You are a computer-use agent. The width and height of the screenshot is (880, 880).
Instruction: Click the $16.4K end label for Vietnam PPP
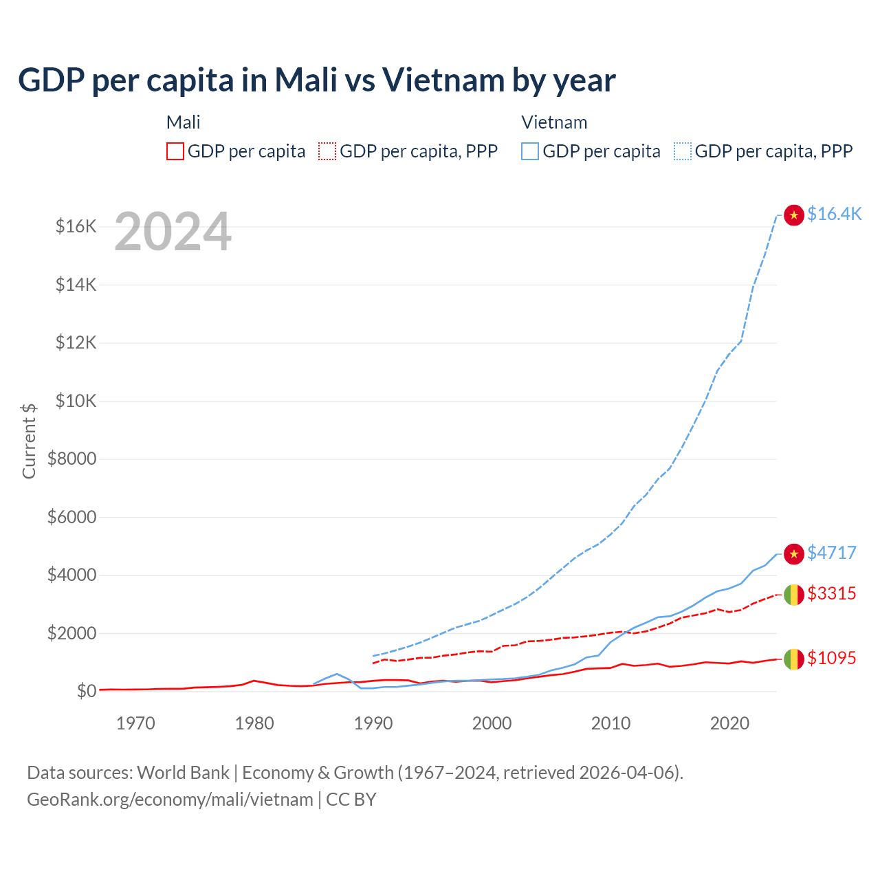834,214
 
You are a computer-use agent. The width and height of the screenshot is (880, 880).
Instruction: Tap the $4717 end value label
832,553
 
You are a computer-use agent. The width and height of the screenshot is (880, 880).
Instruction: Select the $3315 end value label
832,593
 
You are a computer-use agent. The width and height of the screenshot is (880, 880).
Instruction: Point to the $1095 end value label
832,658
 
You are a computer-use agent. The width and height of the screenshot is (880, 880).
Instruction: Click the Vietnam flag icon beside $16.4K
794,215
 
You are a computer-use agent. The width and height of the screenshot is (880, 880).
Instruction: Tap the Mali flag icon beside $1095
794,659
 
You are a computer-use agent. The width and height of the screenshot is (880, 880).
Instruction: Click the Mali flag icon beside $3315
794,595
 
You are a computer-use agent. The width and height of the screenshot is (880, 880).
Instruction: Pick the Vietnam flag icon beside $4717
794,554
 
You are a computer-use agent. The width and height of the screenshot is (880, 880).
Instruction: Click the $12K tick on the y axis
76,342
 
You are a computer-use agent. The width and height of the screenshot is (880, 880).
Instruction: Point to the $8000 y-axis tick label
72,459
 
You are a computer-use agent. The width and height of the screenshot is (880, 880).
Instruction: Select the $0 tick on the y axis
86,691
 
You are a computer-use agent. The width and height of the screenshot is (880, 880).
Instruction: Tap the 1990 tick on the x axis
373,723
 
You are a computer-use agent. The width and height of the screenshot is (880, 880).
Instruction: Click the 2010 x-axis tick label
610,723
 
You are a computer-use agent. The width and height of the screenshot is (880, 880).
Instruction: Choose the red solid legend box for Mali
175,151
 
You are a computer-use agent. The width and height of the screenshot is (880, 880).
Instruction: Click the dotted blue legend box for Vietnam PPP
683,151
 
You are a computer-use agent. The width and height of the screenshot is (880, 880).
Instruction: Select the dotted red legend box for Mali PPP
327,151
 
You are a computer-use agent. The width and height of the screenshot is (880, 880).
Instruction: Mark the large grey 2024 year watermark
173,232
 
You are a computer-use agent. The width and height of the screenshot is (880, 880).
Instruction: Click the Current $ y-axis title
29,441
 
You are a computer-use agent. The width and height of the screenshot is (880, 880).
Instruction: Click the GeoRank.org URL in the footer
170,800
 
